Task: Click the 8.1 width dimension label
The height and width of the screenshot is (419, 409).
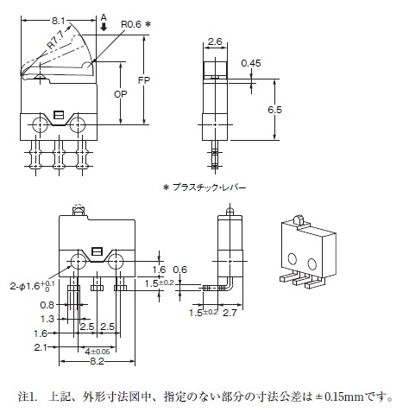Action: coord(59,21)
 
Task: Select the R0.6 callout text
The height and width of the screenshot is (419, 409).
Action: coord(131,24)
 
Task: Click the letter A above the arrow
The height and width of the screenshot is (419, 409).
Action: coord(104,18)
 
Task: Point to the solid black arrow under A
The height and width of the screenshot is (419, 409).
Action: coord(104,28)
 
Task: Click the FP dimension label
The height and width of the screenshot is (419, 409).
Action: coord(144,80)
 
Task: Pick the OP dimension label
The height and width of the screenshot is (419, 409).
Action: coord(120,94)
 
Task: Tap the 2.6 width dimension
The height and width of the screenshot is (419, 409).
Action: coord(215,41)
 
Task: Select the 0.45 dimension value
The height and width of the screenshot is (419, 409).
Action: coord(251,63)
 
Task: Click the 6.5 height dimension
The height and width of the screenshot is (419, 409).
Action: coord(274,110)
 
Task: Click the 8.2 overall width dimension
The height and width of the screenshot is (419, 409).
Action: coord(97,361)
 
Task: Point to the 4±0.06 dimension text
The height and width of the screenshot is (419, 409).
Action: coord(98,352)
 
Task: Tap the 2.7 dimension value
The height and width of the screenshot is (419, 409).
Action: coord(230,313)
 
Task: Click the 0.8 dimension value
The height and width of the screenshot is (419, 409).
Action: coord(47,305)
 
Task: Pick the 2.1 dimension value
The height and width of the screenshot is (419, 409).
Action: coord(41,347)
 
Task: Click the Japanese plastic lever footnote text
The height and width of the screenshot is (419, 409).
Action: coord(204,187)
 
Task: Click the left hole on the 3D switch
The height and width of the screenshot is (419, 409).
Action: coord(293,258)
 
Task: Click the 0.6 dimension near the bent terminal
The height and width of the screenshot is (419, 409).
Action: coord(180,270)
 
